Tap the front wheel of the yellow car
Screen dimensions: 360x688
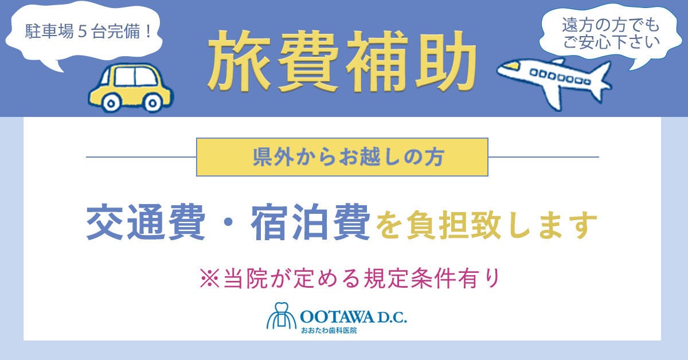pos(111,103)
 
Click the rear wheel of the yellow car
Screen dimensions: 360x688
pos(153,103)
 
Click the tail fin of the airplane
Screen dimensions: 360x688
pos(599,73)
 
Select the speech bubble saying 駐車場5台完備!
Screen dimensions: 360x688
pos(86,33)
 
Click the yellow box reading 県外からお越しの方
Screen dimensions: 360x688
pos(342,157)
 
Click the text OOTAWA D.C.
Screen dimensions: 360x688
pos(353,317)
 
